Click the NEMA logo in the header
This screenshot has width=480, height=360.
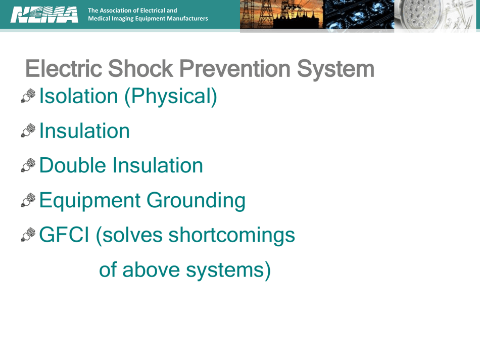tap(44, 14)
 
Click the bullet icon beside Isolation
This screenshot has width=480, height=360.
tap(28, 97)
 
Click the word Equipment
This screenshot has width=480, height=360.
tap(89, 201)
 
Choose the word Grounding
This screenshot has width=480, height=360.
tap(196, 201)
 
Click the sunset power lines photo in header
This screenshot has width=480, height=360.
tap(281, 15)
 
